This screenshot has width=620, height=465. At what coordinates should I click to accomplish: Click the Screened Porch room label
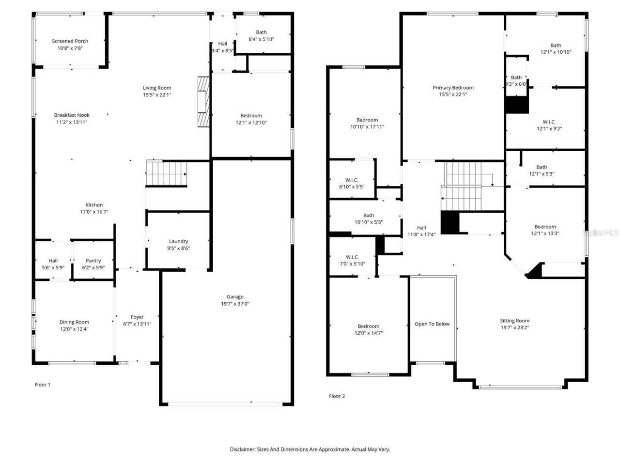pyautogui.click(x=70, y=41)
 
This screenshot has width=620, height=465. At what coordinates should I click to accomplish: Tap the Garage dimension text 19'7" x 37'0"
pyautogui.click(x=235, y=304)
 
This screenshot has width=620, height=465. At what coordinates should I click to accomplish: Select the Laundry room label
pyautogui.click(x=178, y=241)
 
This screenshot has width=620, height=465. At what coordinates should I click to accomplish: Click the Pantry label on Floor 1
pyautogui.click(x=93, y=261)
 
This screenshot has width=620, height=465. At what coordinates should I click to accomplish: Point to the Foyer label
pyautogui.click(x=137, y=317)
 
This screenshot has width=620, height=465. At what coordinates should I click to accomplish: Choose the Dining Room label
pyautogui.click(x=74, y=322)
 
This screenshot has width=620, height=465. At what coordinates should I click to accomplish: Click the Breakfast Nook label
pyautogui.click(x=72, y=115)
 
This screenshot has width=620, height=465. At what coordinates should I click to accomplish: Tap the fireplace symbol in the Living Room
pyautogui.click(x=203, y=101)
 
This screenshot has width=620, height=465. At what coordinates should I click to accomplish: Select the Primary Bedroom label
pyautogui.click(x=453, y=88)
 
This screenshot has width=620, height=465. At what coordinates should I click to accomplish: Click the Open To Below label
pyautogui.click(x=432, y=324)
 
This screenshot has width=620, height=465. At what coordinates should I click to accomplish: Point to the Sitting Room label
pyautogui.click(x=514, y=321)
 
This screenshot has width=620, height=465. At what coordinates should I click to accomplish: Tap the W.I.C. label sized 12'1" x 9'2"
pyautogui.click(x=549, y=122)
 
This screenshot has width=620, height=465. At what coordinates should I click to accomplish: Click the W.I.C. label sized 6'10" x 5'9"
pyautogui.click(x=352, y=180)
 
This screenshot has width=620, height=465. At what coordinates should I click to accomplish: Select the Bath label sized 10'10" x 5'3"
pyautogui.click(x=369, y=216)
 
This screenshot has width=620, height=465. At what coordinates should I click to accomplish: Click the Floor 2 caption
pyautogui.click(x=337, y=396)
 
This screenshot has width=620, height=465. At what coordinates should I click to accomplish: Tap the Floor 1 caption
pyautogui.click(x=43, y=385)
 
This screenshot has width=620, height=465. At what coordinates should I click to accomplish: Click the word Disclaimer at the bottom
pyautogui.click(x=242, y=449)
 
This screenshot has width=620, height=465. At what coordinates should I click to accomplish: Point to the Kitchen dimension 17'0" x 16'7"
pyautogui.click(x=94, y=212)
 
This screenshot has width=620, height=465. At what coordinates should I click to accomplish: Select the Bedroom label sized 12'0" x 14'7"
pyautogui.click(x=369, y=326)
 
